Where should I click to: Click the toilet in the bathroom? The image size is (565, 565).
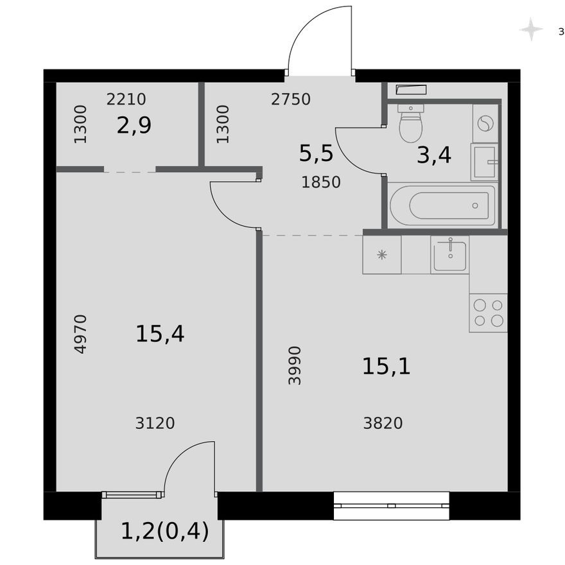(410, 123)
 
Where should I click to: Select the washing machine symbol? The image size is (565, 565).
(485, 122)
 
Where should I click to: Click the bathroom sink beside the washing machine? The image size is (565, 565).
(484, 161)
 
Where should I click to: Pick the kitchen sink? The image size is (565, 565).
(449, 254)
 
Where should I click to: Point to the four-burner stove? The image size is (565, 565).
(488, 313)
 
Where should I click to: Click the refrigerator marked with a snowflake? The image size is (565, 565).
(382, 255)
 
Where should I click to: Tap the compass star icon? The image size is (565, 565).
(531, 30)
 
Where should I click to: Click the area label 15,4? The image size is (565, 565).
(160, 334)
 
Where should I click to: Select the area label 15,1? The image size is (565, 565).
(386, 367)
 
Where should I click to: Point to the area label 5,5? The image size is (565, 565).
(316, 154)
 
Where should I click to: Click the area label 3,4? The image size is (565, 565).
(434, 155)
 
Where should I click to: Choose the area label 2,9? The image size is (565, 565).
(134, 125)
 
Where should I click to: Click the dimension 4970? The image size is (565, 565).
(80, 334)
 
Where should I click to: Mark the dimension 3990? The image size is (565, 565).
(295, 365)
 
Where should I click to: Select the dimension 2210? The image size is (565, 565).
(126, 100)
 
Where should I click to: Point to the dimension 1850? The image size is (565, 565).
(321, 182)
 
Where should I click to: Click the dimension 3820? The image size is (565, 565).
(383, 423)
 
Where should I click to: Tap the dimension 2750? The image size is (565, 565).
(291, 100)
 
